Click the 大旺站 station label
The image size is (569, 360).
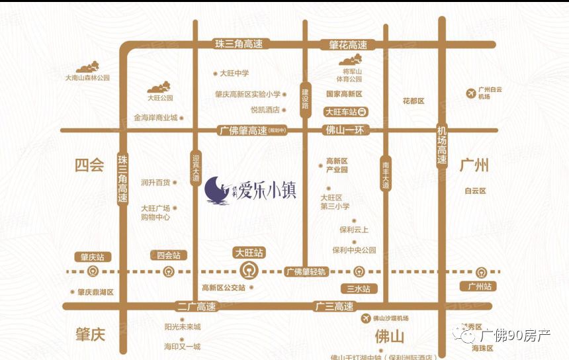[249, 253]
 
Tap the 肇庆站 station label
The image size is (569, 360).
[93, 256]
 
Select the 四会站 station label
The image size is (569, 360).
[168, 255]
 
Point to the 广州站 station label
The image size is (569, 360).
[480, 286]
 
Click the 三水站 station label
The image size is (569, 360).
[358, 289]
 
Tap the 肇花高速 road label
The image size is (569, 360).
[348, 45]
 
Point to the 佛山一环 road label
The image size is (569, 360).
[345, 130]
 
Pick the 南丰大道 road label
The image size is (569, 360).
[386, 173]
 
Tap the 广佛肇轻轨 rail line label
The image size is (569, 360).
[306, 271]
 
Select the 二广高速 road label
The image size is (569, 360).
[197, 306]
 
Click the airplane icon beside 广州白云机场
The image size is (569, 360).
[470, 93]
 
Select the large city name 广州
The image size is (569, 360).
[474, 164]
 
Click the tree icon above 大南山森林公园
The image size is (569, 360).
[87, 67]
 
